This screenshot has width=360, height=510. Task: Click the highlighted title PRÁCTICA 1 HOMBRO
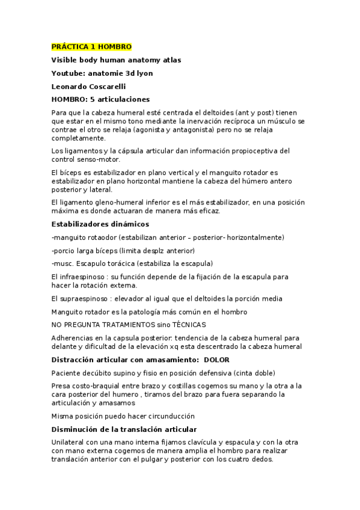[91, 47]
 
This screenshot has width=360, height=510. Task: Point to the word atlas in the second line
[169, 60]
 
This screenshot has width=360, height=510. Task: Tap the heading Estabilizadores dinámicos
[99, 224]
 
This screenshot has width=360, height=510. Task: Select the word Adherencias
[75, 338]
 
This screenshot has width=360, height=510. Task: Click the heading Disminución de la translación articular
[124, 429]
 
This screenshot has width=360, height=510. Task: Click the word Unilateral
[69, 443]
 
